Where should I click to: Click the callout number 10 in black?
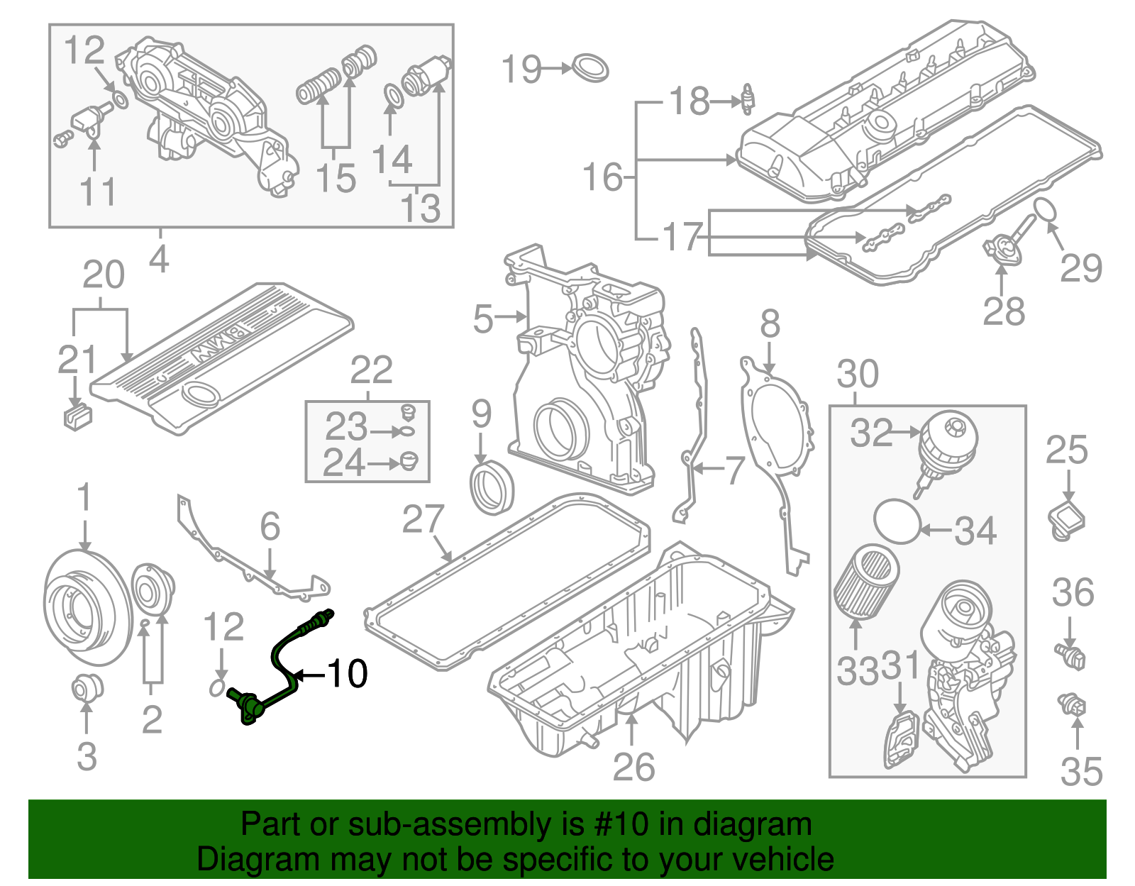pyautogui.click(x=347, y=673)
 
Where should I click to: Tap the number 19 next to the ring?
pyautogui.click(x=521, y=70)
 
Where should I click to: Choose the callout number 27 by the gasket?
pyautogui.click(x=423, y=519)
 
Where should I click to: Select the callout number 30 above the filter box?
pyautogui.click(x=858, y=374)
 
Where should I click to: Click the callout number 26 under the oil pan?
pyautogui.click(x=633, y=768)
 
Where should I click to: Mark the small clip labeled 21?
pyautogui.click(x=77, y=415)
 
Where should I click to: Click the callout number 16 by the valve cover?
pyautogui.click(x=602, y=177)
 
